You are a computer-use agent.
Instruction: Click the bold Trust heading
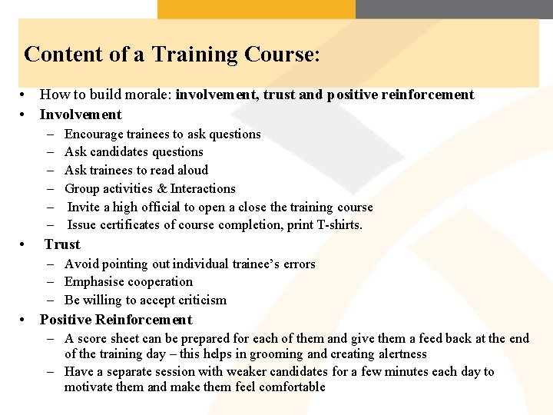[x=62, y=244]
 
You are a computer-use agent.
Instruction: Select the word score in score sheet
[x=91, y=338]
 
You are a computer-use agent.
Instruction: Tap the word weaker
[x=266, y=371]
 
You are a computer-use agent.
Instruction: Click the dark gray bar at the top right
[x=454, y=8]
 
